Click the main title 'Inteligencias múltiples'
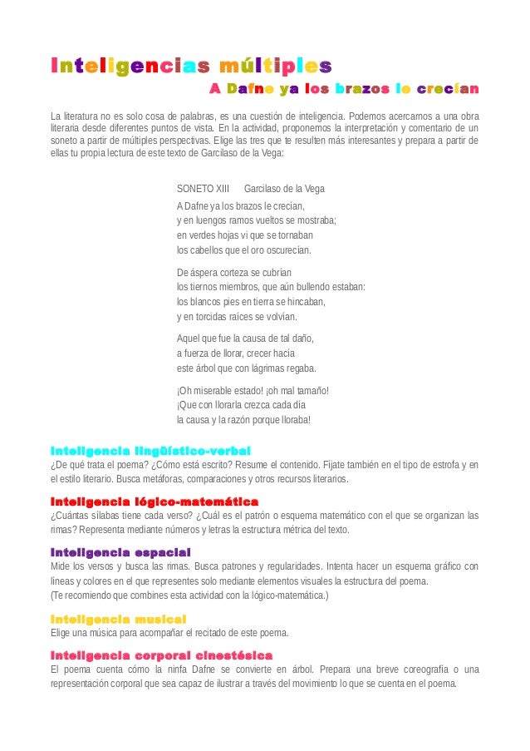(x=191, y=65)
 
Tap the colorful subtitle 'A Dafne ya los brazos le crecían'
(x=343, y=89)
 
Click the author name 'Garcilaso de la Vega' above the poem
(x=284, y=189)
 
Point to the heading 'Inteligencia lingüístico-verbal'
(x=145, y=450)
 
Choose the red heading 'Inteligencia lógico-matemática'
(x=155, y=501)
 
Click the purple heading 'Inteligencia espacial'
(x=121, y=552)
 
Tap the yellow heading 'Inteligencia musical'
(x=118, y=619)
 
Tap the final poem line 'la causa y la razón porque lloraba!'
(x=244, y=420)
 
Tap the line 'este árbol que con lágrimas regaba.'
(x=247, y=368)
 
